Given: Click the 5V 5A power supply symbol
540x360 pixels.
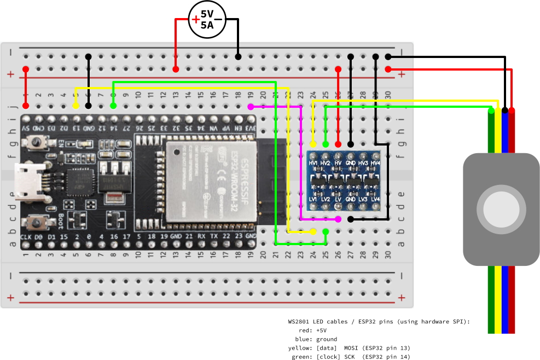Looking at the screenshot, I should click(x=207, y=20).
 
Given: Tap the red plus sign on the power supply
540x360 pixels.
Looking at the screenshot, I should click(x=195, y=20).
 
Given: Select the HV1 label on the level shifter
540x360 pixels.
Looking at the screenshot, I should click(x=313, y=163).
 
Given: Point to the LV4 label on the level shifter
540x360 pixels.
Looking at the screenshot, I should click(x=375, y=199).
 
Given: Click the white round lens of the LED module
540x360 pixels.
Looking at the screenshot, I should click(x=502, y=209).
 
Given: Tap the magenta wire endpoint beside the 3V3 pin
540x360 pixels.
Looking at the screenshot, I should click(x=251, y=107).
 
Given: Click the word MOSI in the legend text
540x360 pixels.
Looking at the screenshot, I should click(x=353, y=348).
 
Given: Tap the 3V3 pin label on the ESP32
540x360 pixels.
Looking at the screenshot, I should click(x=250, y=128).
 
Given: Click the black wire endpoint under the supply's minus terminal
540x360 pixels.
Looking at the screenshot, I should click(x=238, y=56).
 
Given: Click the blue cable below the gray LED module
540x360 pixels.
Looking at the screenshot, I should click(x=505, y=298).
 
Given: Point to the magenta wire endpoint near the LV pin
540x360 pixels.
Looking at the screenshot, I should click(x=338, y=219).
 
